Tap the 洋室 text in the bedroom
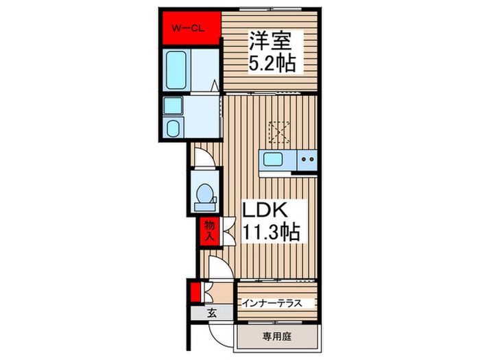tap(270, 42)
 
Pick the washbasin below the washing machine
tap(173, 128)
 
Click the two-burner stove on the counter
tap(307, 161)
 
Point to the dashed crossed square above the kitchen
tap(278, 131)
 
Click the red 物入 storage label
tap(207, 231)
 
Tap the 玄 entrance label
tap(211, 313)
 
